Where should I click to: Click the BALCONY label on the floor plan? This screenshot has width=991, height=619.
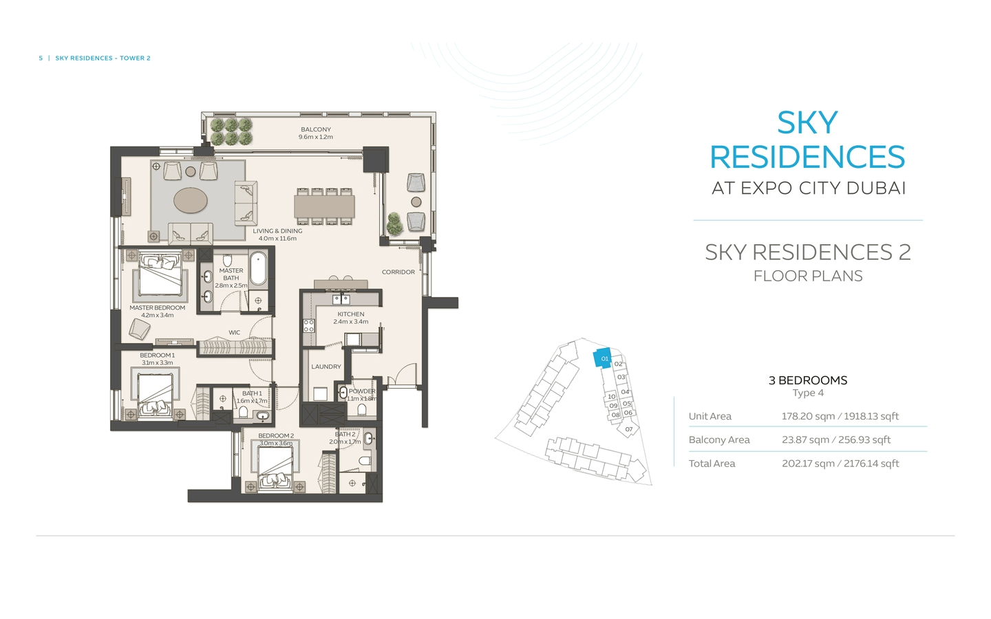point(316,130)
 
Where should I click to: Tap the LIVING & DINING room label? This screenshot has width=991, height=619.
point(277,231)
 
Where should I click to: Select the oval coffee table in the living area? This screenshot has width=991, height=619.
point(191,201)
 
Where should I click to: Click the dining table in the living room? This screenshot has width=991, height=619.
point(325,206)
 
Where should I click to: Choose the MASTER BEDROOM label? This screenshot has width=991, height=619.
point(157,308)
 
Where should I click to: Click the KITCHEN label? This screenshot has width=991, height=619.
point(351,314)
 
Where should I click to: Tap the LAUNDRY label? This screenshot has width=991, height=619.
point(326,367)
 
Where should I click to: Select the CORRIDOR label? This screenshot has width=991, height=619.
point(398,272)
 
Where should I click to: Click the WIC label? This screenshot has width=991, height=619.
point(235,333)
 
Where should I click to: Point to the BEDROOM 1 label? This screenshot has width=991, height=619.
point(158,356)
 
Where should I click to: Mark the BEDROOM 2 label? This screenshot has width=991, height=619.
point(276,436)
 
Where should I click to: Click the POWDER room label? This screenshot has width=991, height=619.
point(362,391)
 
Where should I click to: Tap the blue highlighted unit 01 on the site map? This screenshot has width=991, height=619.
point(603,358)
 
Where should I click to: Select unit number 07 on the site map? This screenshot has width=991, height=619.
point(629,429)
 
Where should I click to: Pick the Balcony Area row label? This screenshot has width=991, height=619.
point(719,440)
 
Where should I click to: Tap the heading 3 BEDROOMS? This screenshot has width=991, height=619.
point(808,380)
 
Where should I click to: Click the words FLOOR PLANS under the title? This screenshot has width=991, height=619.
point(808,276)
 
